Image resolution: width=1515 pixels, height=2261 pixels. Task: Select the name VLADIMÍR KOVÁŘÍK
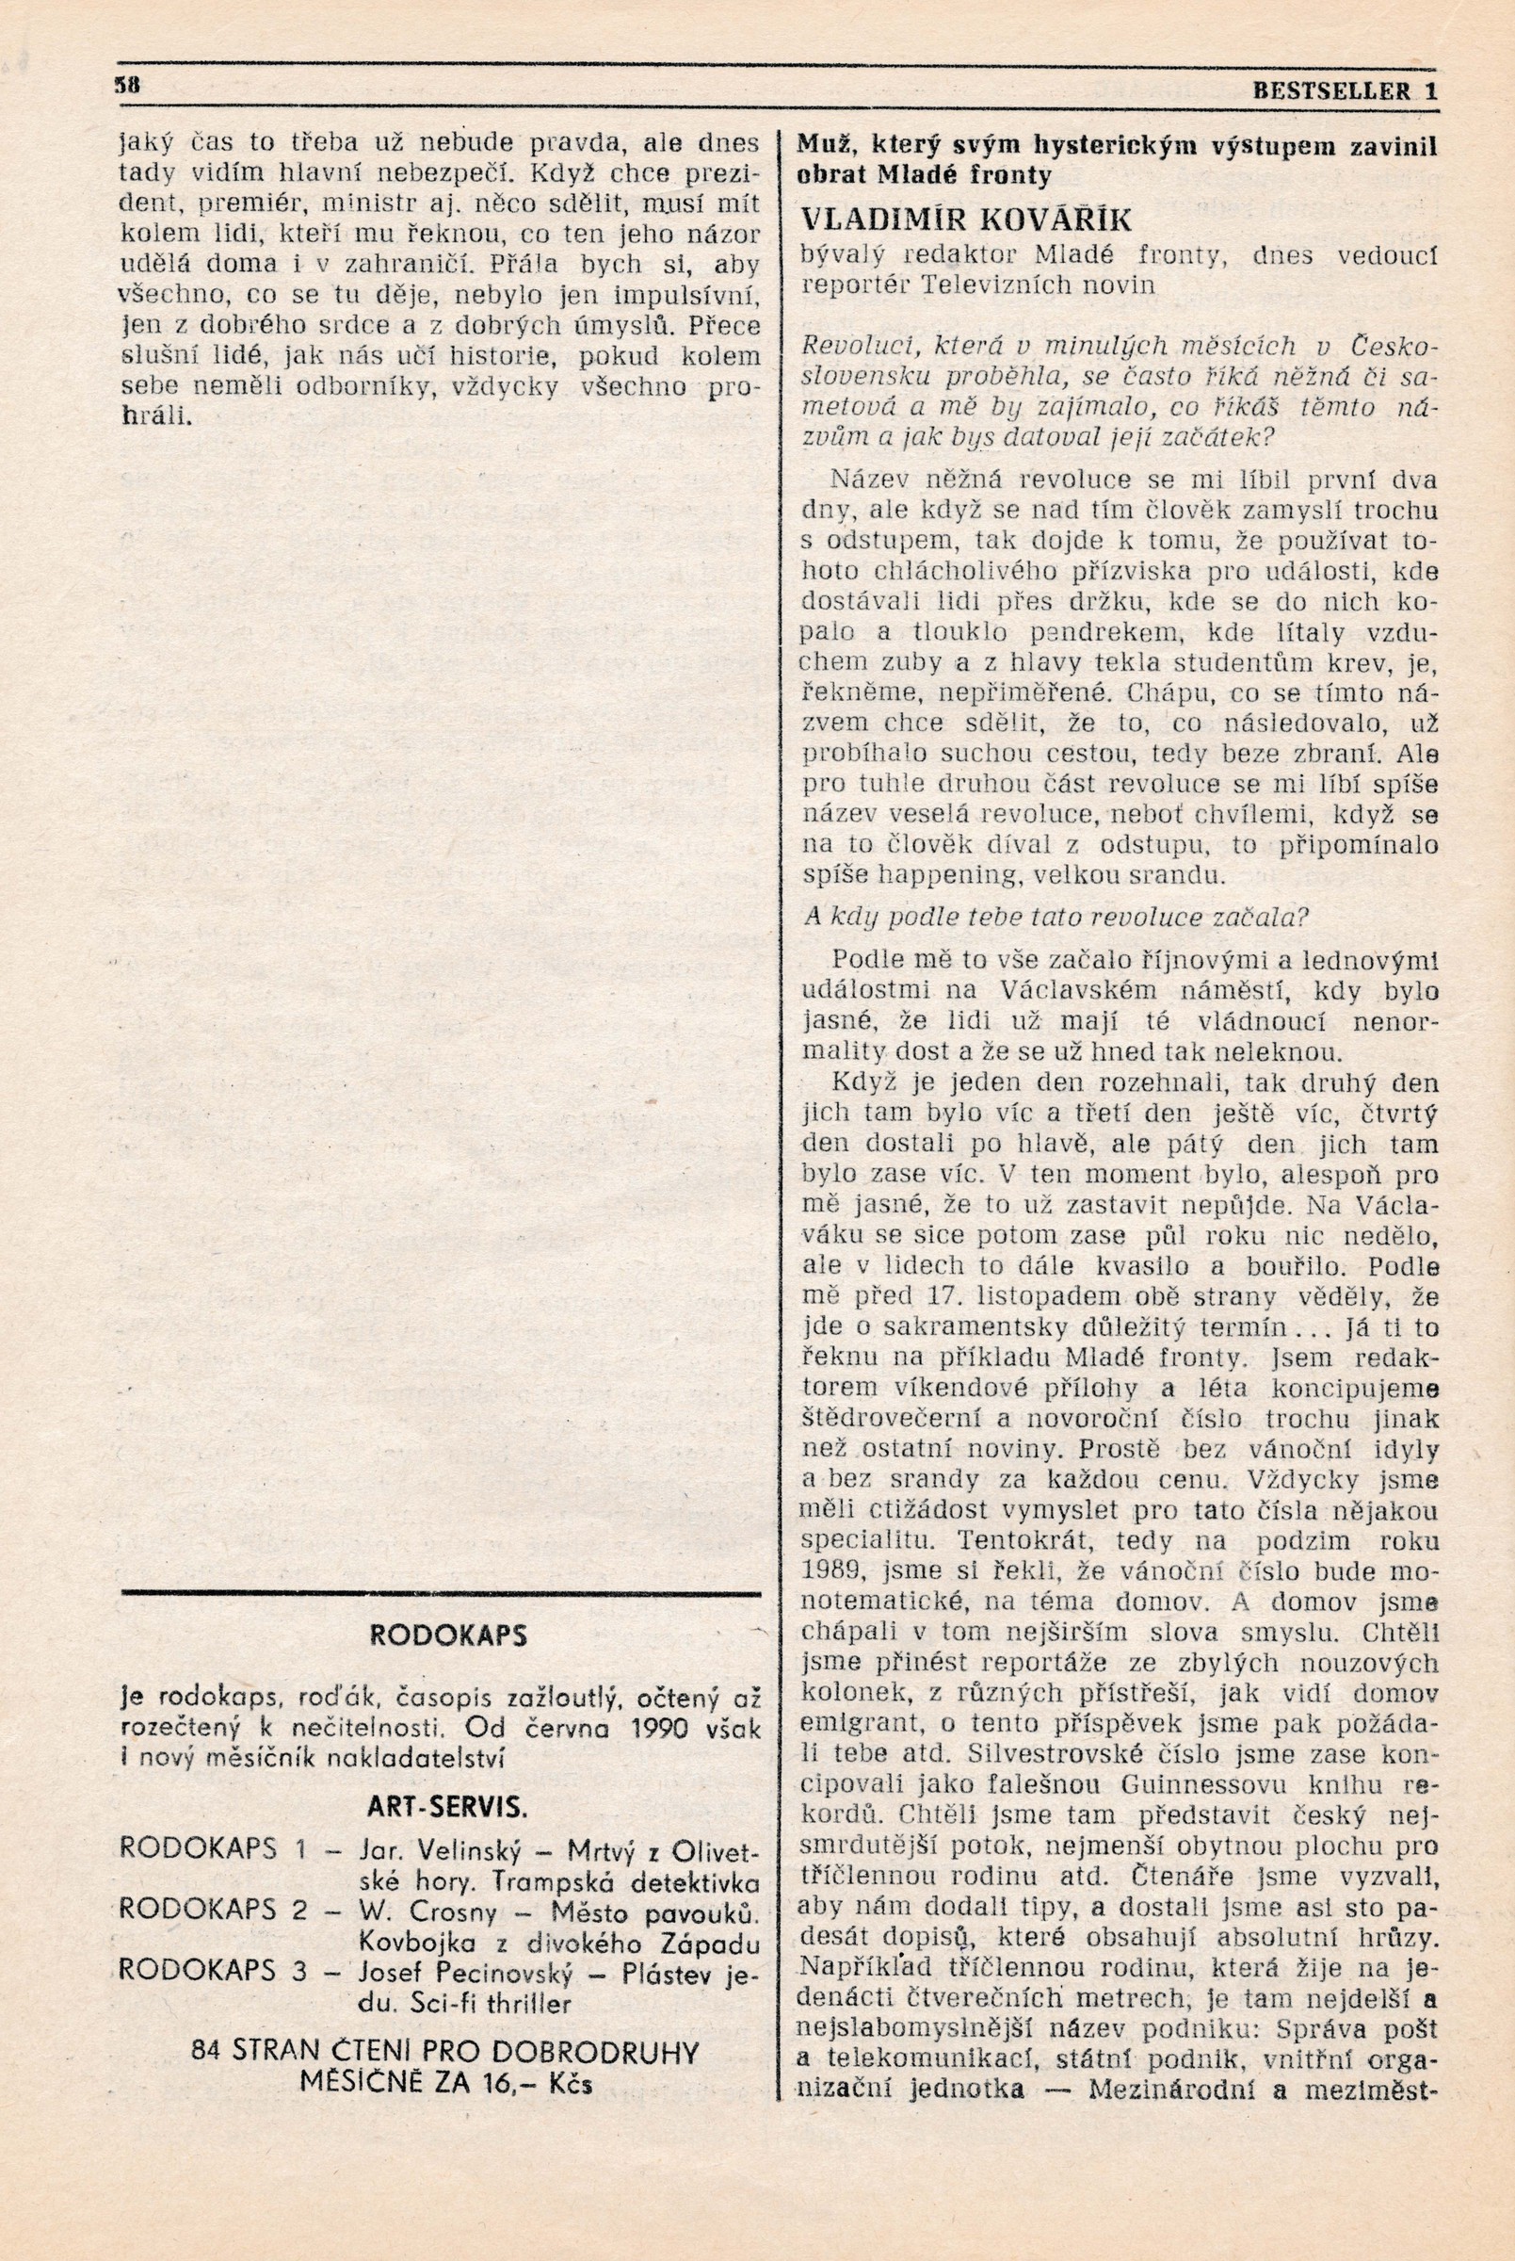point(966,220)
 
